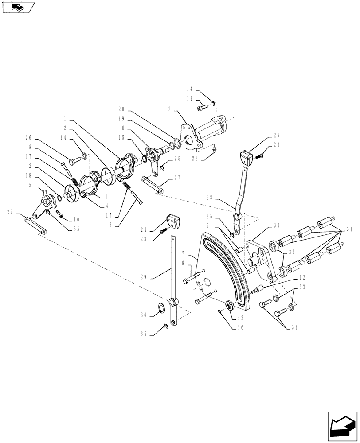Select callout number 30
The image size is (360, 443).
tap(276, 225)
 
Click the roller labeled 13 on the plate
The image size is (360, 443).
tap(230, 306)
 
